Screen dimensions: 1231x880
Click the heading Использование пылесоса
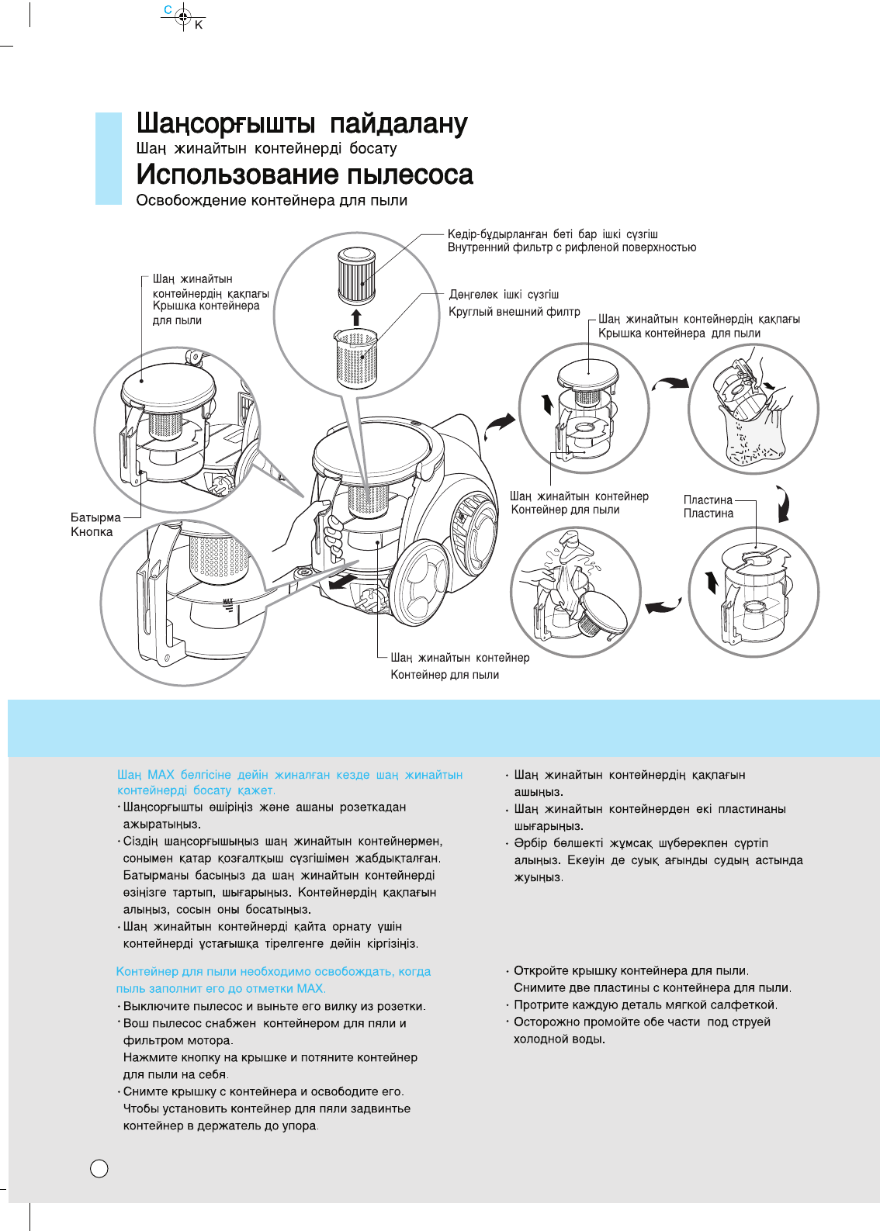[x=304, y=175]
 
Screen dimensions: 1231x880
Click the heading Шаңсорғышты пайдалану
[x=302, y=124]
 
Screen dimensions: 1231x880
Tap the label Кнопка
[x=92, y=532]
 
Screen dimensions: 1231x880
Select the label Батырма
[x=95, y=517]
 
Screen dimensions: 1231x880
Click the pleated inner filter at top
[x=356, y=275]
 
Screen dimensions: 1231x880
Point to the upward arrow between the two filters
[x=356, y=316]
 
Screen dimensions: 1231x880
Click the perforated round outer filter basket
[x=357, y=359]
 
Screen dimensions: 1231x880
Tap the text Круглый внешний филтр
[x=514, y=312]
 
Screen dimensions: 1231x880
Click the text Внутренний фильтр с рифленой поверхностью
[x=571, y=247]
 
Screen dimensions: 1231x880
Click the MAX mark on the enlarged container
[x=227, y=602]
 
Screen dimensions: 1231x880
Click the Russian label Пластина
[x=708, y=513]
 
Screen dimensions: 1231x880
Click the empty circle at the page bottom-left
[x=99, y=1169]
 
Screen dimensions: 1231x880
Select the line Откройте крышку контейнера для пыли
[x=631, y=971]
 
